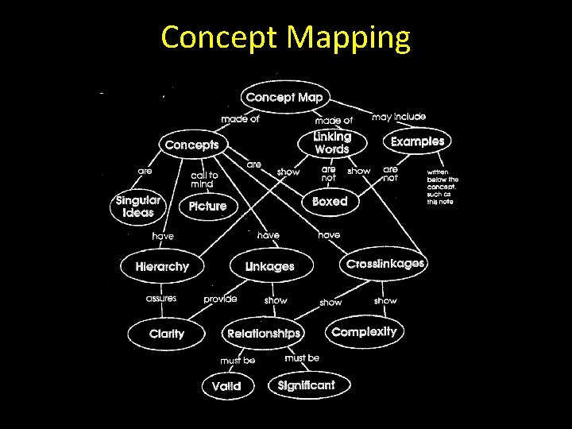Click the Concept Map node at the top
[284, 98]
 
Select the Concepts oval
[192, 145]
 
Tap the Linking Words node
[332, 143]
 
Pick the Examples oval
[417, 141]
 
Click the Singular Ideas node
[138, 207]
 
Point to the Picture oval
[207, 207]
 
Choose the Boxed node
[330, 202]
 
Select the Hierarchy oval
[162, 267]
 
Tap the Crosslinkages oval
[385, 264]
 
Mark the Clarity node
[167, 334]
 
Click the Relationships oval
[264, 334]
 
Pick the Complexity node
[364, 331]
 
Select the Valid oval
[226, 387]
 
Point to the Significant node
[306, 385]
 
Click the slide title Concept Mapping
[286, 37]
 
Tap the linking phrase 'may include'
[399, 117]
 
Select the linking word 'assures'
[160, 299]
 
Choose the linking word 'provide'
[220, 300]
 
